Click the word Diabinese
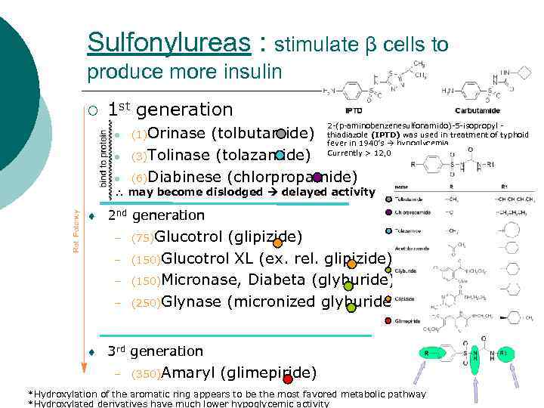tap(188, 178)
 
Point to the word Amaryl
tap(189, 372)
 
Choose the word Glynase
tap(189, 302)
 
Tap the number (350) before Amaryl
tap(145, 374)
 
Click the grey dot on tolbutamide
tap(281, 134)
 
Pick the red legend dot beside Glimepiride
tap(388, 321)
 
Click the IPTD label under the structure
tap(354, 110)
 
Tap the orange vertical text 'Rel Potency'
tap(76, 231)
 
